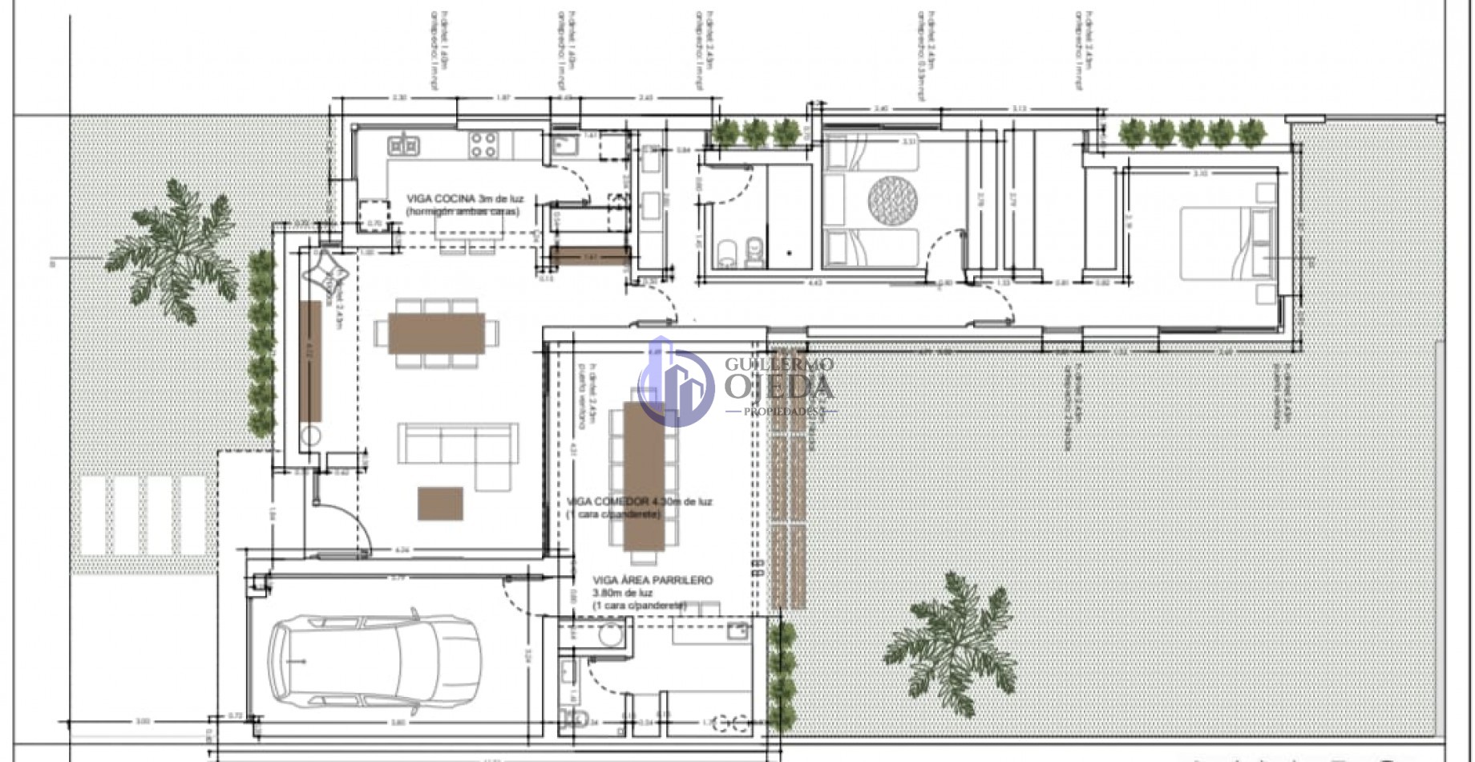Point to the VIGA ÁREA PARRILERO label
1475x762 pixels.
pyautogui.click(x=652, y=580)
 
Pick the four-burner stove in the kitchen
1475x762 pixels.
pyautogui.click(x=483, y=144)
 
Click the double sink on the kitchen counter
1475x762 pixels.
pyautogui.click(x=404, y=145)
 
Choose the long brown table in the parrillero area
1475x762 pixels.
pyautogui.click(x=643, y=476)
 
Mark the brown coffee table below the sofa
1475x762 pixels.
pyautogui.click(x=440, y=503)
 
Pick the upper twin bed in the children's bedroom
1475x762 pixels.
pyautogui.click(x=871, y=153)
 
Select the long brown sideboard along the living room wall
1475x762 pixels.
pyautogui.click(x=309, y=361)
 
